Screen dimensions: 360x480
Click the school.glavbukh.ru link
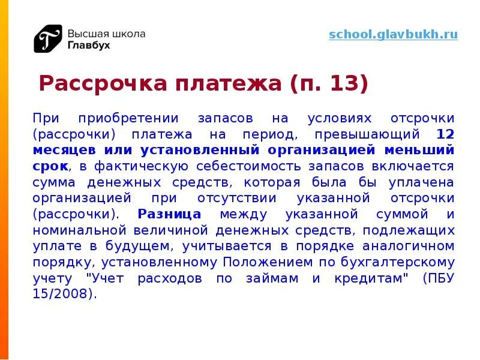tap(393, 34)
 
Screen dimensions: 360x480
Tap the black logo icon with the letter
tap(47, 38)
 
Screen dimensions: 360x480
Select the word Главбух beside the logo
tap(88, 45)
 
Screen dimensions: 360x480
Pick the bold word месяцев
tap(62, 149)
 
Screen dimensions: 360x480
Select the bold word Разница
tap(169, 214)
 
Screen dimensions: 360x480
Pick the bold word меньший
tap(427, 149)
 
